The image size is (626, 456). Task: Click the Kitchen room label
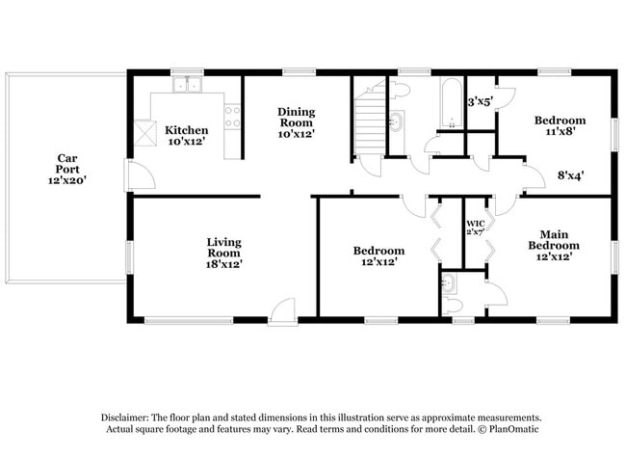[186, 136]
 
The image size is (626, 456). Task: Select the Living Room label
[223, 252]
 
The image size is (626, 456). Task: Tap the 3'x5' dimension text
[479, 100]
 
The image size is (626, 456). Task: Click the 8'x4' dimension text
[571, 175]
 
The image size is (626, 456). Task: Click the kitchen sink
[187, 86]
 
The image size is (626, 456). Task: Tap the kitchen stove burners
[232, 118]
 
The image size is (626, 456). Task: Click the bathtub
[451, 103]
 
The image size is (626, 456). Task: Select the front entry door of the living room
[282, 309]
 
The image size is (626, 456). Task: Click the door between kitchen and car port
[141, 176]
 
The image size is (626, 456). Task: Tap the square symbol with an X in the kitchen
[146, 132]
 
